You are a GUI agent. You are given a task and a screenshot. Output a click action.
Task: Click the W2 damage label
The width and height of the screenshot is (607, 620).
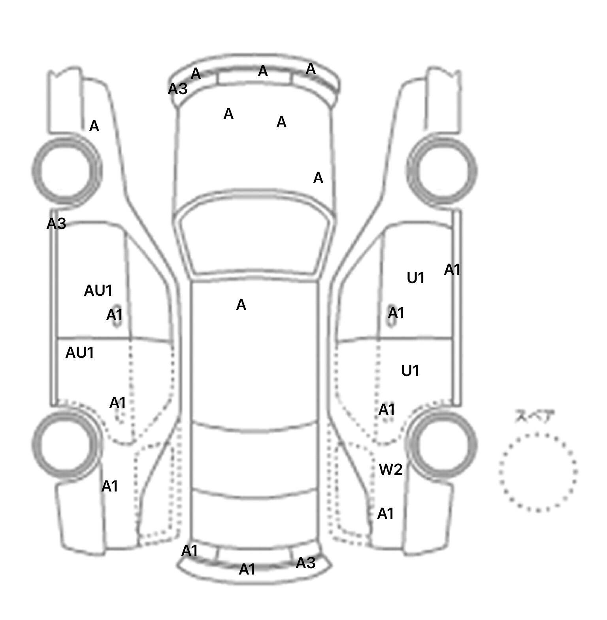pos(390,469)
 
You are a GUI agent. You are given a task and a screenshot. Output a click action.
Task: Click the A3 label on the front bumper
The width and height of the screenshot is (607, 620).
pos(177,89)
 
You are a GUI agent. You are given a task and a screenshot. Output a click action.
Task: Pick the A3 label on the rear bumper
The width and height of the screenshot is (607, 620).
pos(305,563)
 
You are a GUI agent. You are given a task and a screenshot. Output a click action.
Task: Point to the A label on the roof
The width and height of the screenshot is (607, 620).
pos(241,305)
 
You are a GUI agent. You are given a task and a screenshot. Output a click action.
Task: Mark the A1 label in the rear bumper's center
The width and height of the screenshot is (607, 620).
pos(247,569)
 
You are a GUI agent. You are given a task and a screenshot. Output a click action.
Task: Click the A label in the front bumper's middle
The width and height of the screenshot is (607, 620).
pos(263,72)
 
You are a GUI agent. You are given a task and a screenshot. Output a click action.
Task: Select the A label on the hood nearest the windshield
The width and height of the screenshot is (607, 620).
pos(318,178)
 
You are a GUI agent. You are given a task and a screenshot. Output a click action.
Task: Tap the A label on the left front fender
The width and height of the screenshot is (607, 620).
pos(94,127)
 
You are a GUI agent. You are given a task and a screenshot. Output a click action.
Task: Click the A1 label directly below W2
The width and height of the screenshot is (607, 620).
pos(386,514)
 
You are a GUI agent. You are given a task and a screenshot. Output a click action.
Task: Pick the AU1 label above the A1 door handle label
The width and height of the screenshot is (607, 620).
pos(98,291)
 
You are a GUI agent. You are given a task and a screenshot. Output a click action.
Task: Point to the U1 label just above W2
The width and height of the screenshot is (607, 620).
pos(410,371)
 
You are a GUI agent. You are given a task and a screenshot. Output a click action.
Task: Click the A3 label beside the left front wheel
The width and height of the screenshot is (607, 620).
pos(56,224)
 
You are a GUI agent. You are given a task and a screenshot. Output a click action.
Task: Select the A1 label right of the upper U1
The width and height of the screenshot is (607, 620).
pos(452,270)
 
